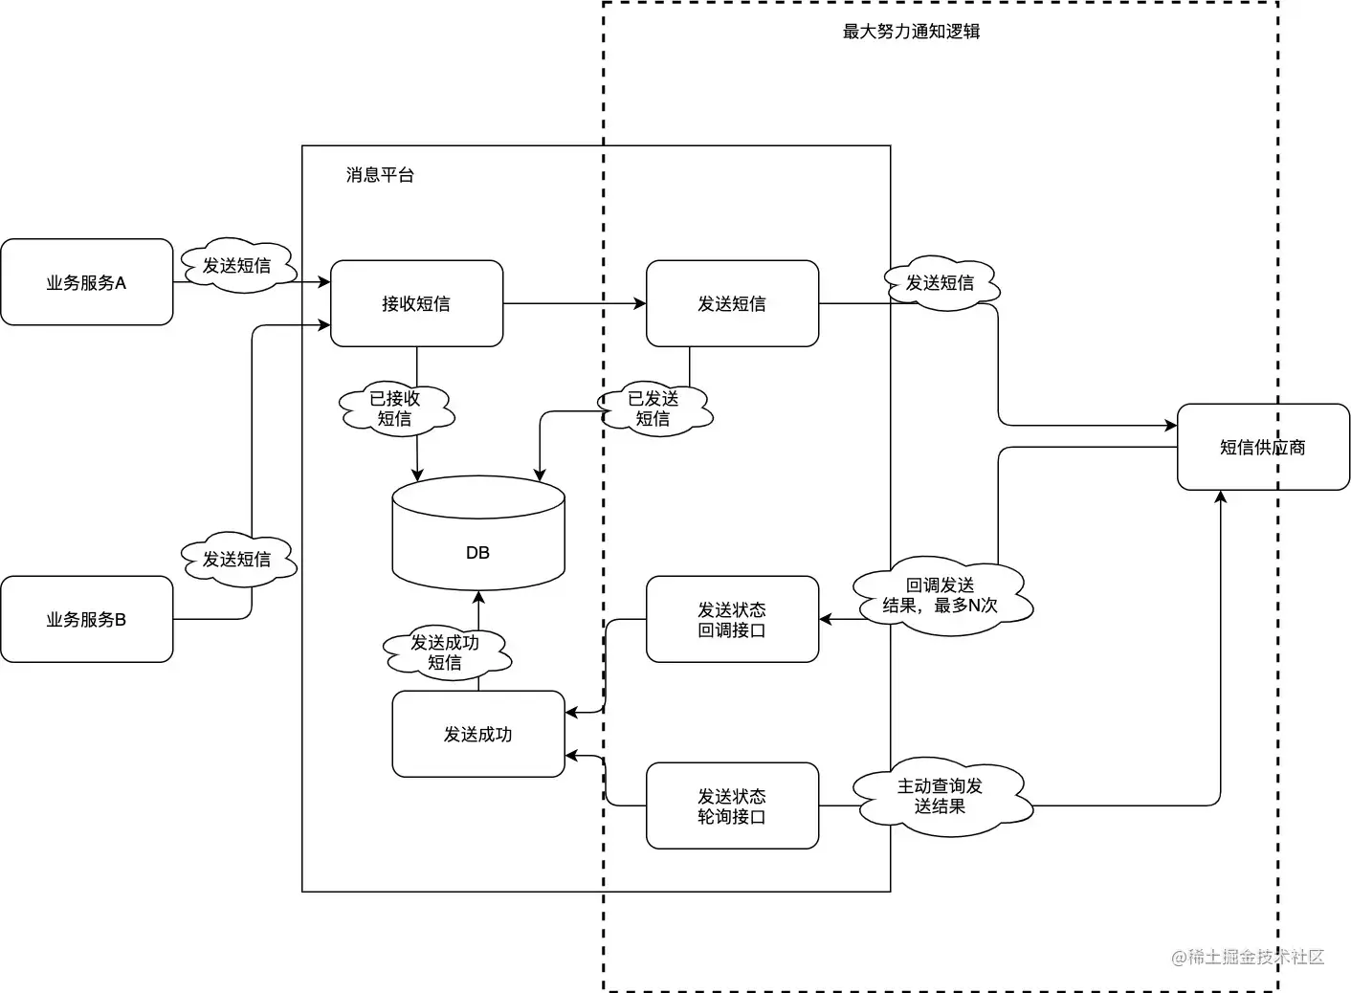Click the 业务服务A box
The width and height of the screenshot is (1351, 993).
(x=87, y=282)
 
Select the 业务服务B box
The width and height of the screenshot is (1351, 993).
(x=87, y=619)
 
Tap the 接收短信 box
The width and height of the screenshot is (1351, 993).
(x=416, y=303)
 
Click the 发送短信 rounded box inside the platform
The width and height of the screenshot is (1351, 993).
(x=732, y=303)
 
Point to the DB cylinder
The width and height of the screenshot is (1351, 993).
(x=477, y=536)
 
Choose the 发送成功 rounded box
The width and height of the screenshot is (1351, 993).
(x=477, y=734)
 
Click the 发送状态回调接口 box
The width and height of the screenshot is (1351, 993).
(x=732, y=619)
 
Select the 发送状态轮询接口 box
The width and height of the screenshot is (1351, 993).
(x=732, y=805)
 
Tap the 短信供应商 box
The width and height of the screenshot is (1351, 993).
(x=1263, y=447)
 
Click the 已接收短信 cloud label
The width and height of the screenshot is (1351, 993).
(x=395, y=408)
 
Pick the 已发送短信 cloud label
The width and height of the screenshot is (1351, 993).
(x=653, y=408)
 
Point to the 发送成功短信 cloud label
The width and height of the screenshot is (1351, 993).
(x=445, y=652)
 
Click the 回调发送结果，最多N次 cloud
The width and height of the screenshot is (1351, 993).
(x=941, y=596)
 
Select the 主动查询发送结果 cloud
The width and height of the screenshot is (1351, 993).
(x=941, y=796)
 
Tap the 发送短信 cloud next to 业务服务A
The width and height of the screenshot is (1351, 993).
(x=236, y=266)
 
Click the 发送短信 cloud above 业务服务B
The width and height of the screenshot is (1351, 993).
(x=236, y=559)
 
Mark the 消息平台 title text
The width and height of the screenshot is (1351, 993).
(x=380, y=175)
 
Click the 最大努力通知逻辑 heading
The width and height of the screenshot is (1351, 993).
(x=911, y=32)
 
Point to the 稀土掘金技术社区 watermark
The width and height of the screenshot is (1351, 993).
(x=1248, y=957)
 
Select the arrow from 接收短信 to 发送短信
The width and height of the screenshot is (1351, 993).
(x=574, y=304)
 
